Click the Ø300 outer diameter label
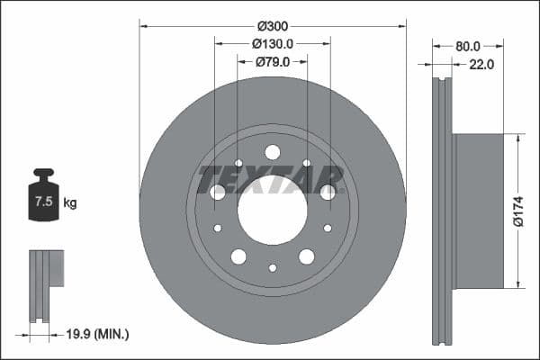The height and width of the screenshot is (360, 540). coord(273,26)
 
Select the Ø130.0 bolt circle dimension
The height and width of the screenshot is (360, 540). coord(273,44)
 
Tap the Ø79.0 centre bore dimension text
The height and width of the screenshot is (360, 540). coord(273,62)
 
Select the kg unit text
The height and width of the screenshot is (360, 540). coord(70,203)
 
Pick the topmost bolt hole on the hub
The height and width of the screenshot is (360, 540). coord(273,152)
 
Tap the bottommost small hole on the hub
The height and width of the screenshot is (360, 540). coord(273,267)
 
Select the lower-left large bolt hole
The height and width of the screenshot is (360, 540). coord(238,256)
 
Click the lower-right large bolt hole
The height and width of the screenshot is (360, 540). coord(307,256)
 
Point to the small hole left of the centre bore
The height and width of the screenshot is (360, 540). coord(218,228)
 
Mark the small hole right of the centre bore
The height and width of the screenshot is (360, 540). coord(328,228)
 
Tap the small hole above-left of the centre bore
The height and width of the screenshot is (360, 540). coord(238,163)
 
